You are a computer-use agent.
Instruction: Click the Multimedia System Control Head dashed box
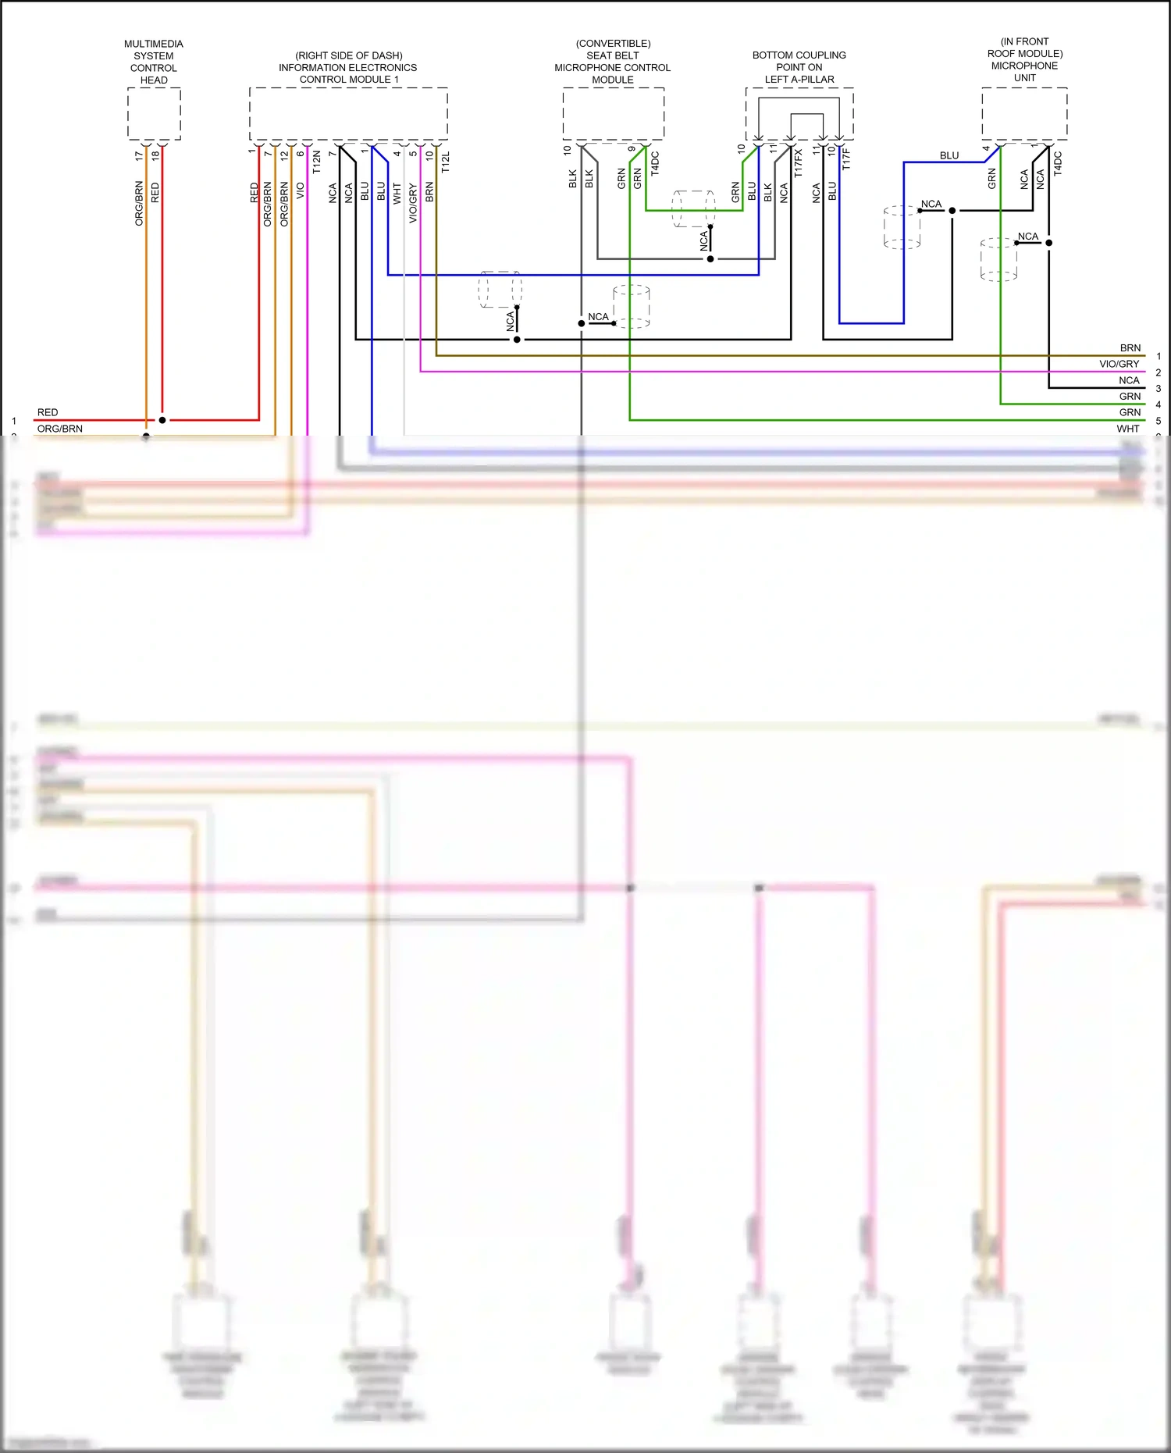point(154,114)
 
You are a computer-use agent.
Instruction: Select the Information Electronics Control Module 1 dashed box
point(348,114)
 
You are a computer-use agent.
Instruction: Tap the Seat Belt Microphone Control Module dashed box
point(613,114)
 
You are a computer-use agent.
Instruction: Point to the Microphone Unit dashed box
point(1024,114)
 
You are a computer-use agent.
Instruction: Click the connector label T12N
point(316,162)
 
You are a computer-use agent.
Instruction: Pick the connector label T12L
point(446,162)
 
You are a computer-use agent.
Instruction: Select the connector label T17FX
point(798,163)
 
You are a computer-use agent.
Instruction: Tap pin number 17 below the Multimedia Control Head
point(139,155)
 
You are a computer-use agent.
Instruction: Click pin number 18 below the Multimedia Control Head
point(155,155)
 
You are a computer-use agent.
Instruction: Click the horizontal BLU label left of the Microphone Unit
point(949,156)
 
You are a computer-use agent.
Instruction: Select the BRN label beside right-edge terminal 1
point(1130,348)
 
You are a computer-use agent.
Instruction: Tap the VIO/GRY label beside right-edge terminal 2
point(1119,364)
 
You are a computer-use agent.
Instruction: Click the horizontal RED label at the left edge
point(48,412)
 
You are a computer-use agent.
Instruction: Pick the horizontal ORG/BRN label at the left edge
point(60,429)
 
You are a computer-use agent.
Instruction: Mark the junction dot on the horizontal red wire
point(162,420)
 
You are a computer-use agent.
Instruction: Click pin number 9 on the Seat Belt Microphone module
point(632,149)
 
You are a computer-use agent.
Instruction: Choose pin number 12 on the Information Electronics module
point(284,154)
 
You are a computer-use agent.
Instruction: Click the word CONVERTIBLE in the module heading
point(614,44)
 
